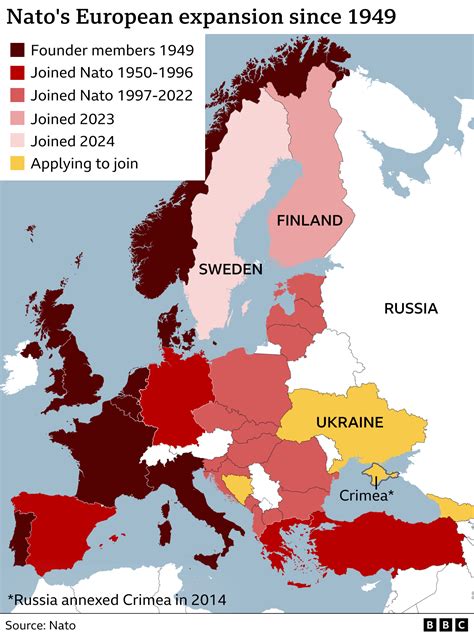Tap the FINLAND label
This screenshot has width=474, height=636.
[x=309, y=220]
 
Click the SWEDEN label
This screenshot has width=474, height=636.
[x=230, y=270]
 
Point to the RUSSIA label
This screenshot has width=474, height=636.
[x=410, y=308]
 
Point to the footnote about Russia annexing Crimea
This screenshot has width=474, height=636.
[x=115, y=599]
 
